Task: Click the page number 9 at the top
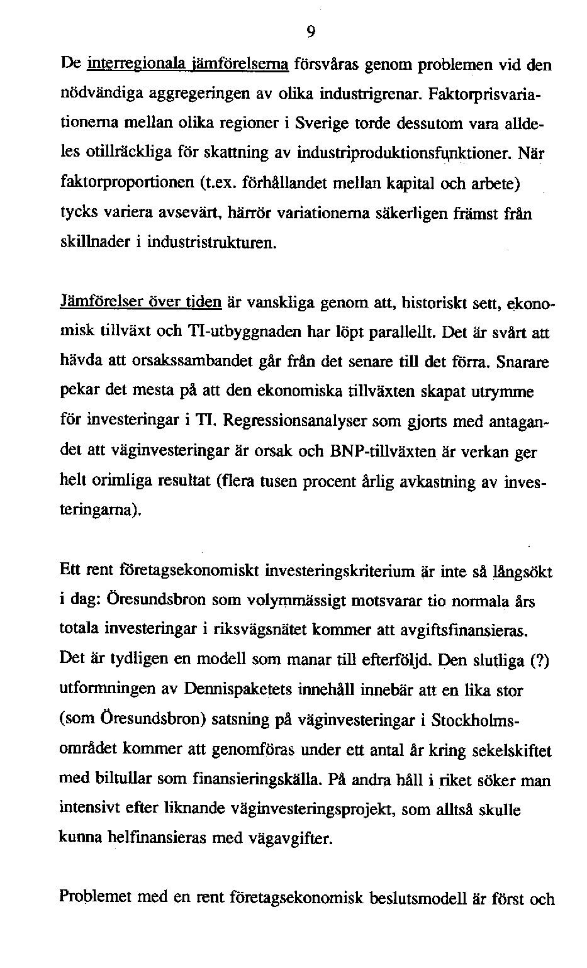(x=311, y=32)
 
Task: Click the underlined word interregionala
(x=126, y=64)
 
